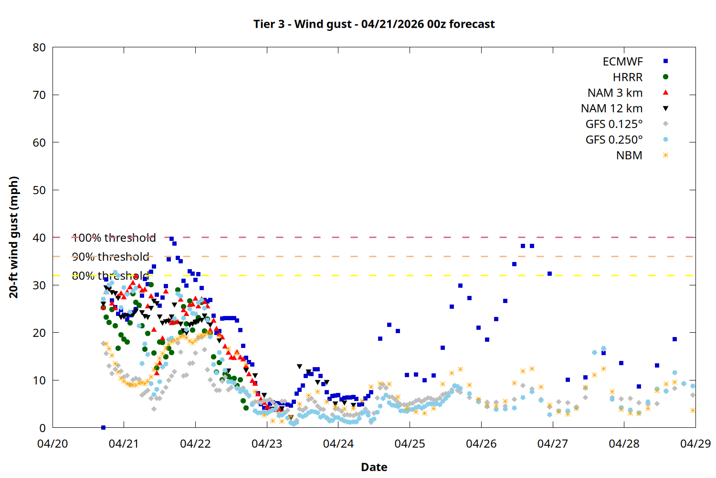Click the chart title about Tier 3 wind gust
coord(374,24)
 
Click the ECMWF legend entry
coord(622,62)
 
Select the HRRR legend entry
coord(628,77)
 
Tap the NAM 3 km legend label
coord(615,93)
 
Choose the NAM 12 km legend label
coord(611,109)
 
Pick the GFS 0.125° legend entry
coord(614,124)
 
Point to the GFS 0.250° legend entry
coord(614,140)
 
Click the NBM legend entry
coord(629,156)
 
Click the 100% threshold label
coord(114,238)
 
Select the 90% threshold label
coord(110,257)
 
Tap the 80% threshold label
coord(110,276)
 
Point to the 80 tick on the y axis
coord(39,47)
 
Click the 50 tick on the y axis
coord(39,190)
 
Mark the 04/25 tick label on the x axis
coord(410,444)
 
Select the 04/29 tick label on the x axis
coord(695,444)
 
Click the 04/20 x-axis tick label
coord(53,444)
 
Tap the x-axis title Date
coord(374,467)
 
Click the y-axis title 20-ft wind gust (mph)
coord(14,237)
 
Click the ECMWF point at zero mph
coord(103,427)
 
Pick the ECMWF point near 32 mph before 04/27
coord(549,274)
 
